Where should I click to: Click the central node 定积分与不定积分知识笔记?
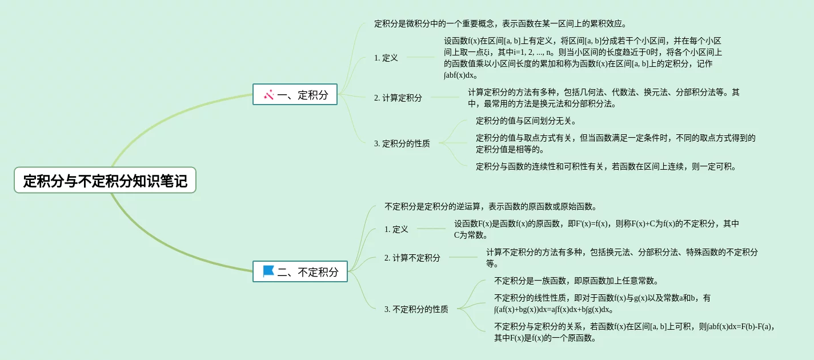(105, 181)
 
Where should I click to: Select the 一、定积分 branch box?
(295, 94)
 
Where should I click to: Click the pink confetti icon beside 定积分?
(269, 94)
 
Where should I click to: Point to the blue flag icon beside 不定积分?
(268, 271)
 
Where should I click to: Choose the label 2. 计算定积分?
(398, 98)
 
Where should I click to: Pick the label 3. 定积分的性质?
(402, 143)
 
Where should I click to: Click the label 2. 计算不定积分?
(412, 258)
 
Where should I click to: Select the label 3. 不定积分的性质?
(416, 309)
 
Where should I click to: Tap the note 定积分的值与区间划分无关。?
(526, 121)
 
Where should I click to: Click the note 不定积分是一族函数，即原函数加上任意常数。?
(576, 281)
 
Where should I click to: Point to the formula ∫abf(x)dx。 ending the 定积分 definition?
(461, 75)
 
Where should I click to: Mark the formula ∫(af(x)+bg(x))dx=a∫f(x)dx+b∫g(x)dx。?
(554, 309)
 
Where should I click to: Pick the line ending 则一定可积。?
(606, 166)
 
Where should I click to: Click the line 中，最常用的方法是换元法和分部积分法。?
(542, 103)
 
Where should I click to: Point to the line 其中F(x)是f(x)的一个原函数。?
(546, 338)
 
